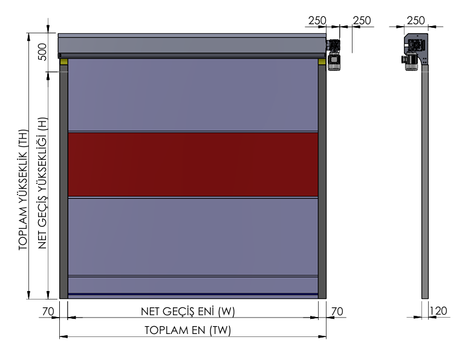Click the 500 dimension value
[x=43, y=51]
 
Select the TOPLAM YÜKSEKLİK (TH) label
[x=23, y=190]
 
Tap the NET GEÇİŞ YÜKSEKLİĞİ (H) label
[x=42, y=183]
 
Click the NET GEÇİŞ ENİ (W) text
[x=187, y=312]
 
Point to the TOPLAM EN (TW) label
[x=187, y=330]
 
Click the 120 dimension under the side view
[x=438, y=311]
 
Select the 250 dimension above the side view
[x=416, y=21]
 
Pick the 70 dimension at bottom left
[x=48, y=312]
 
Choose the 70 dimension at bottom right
[x=337, y=312]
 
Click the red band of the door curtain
[x=193, y=165]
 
